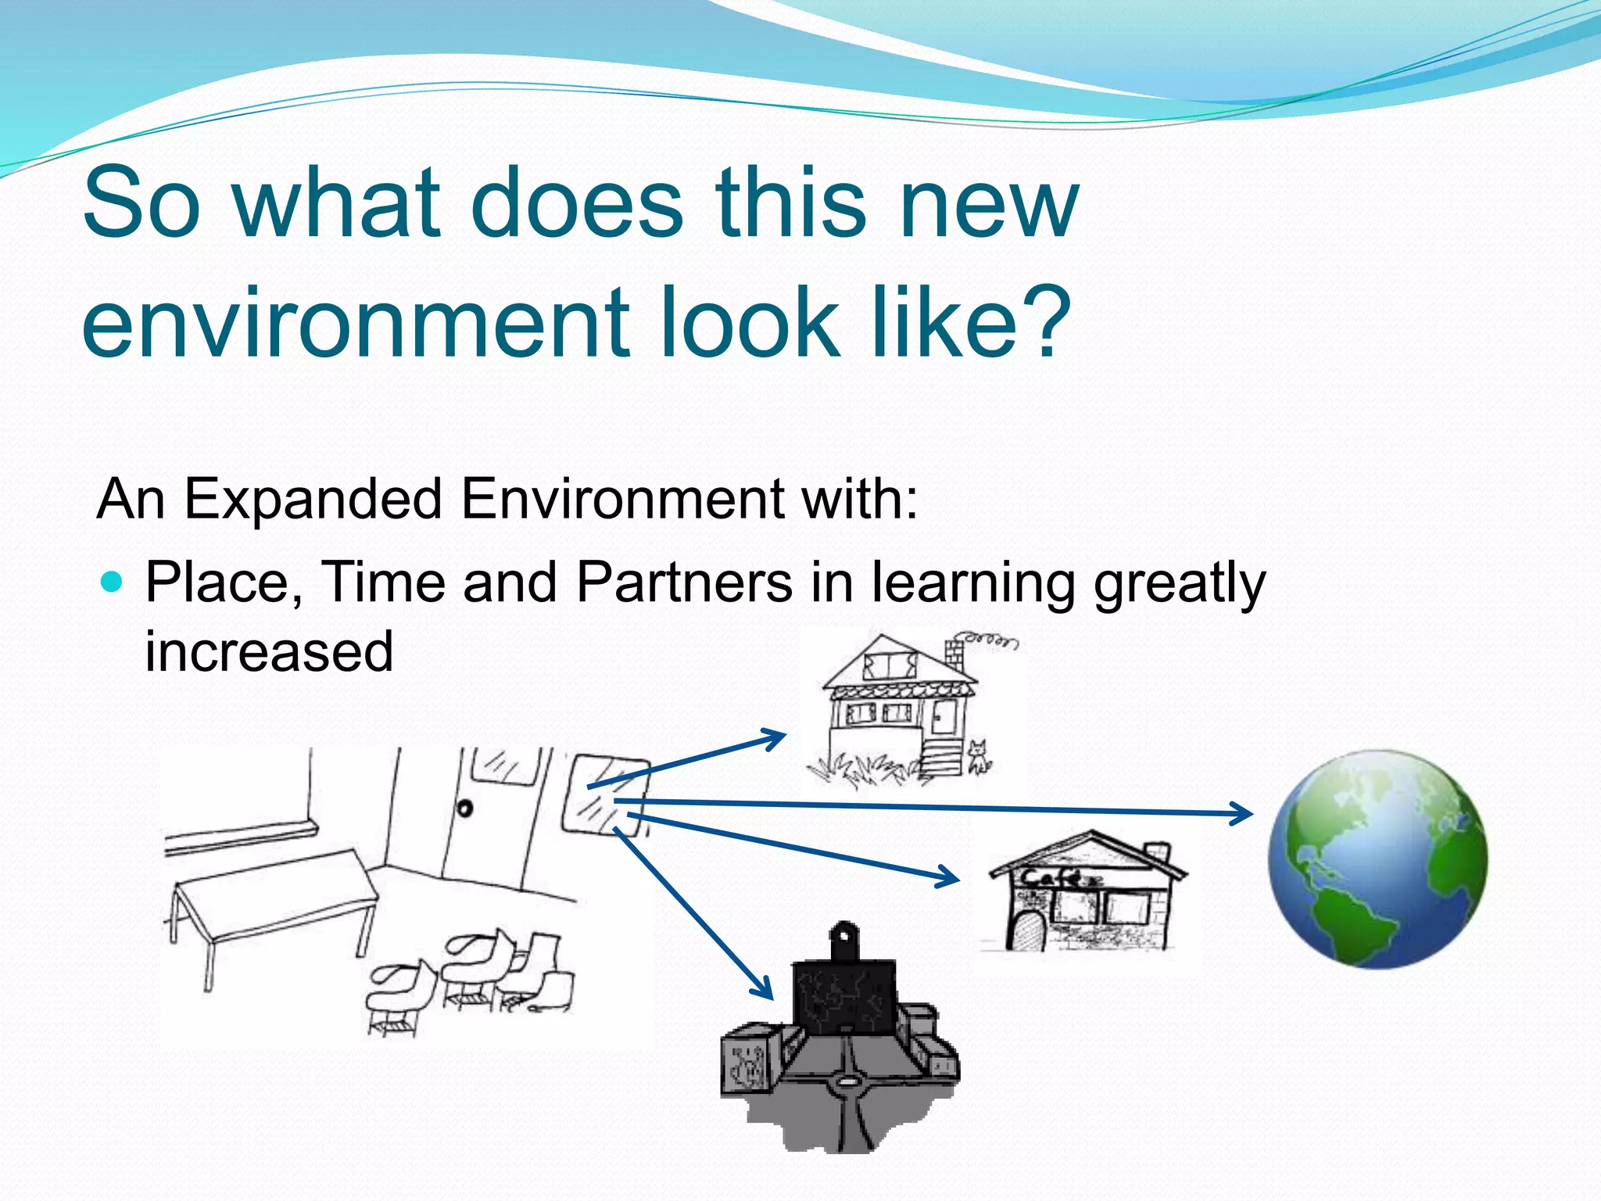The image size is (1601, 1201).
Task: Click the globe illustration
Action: click(1377, 859)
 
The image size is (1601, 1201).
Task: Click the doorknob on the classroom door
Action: click(465, 808)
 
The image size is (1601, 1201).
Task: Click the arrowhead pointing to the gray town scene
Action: click(763, 988)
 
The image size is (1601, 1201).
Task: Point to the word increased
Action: click(269, 651)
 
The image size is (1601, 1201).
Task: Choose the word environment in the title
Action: click(356, 322)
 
